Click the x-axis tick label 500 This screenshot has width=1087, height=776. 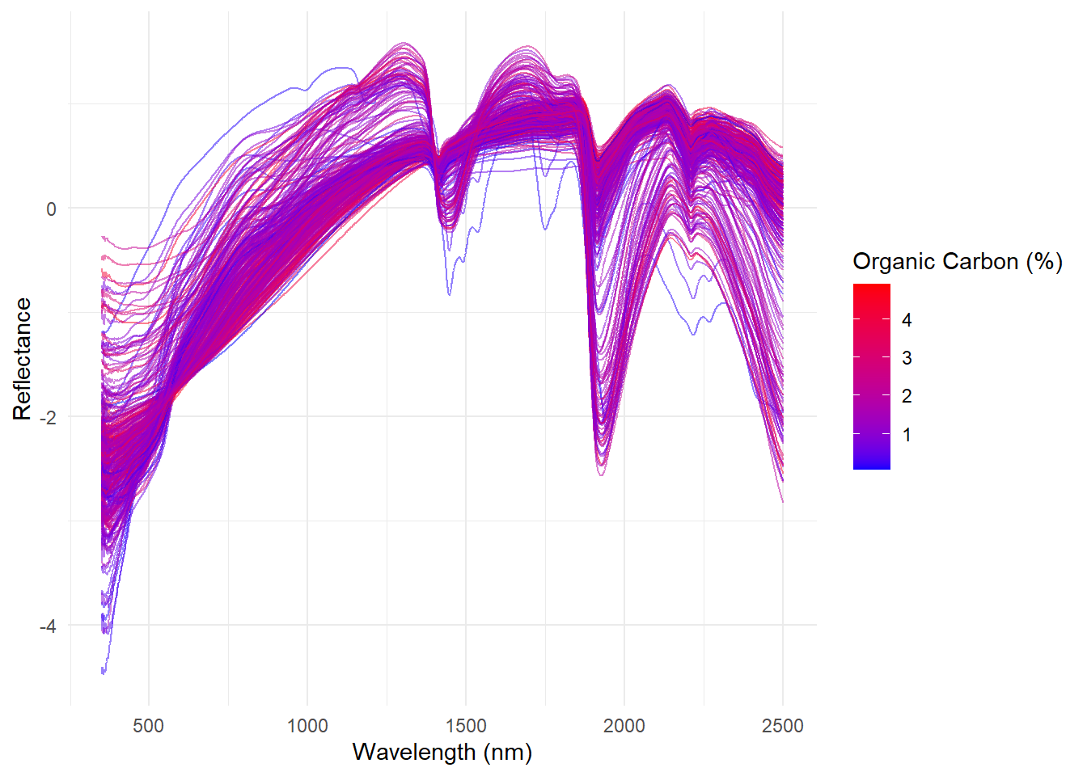pyautogui.click(x=149, y=726)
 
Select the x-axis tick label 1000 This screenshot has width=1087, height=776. pyautogui.click(x=307, y=726)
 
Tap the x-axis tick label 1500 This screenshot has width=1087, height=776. pyautogui.click(x=466, y=726)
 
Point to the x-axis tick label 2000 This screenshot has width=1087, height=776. pyautogui.click(x=624, y=726)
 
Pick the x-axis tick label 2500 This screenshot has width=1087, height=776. pyautogui.click(x=783, y=726)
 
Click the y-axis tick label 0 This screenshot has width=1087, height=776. pyautogui.click(x=52, y=209)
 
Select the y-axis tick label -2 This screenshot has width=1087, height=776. pyautogui.click(x=48, y=418)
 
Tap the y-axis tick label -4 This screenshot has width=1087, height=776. pyautogui.click(x=48, y=626)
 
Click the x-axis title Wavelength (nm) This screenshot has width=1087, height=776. pyautogui.click(x=442, y=753)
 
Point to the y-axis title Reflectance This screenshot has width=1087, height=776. pyautogui.click(x=22, y=359)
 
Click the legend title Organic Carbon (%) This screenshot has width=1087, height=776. pyautogui.click(x=958, y=262)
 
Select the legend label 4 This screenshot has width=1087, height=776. pyautogui.click(x=907, y=320)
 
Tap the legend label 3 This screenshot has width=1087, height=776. pyautogui.click(x=907, y=358)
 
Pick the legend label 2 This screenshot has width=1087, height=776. pyautogui.click(x=907, y=396)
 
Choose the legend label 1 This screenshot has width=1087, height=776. pyautogui.click(x=907, y=435)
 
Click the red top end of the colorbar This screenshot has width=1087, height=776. pyautogui.click(x=872, y=288)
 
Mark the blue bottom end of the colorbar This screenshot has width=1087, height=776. pyautogui.click(x=872, y=466)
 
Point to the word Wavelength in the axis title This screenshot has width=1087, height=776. pyautogui.click(x=414, y=753)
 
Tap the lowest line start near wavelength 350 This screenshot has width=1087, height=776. pyautogui.click(x=103, y=671)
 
